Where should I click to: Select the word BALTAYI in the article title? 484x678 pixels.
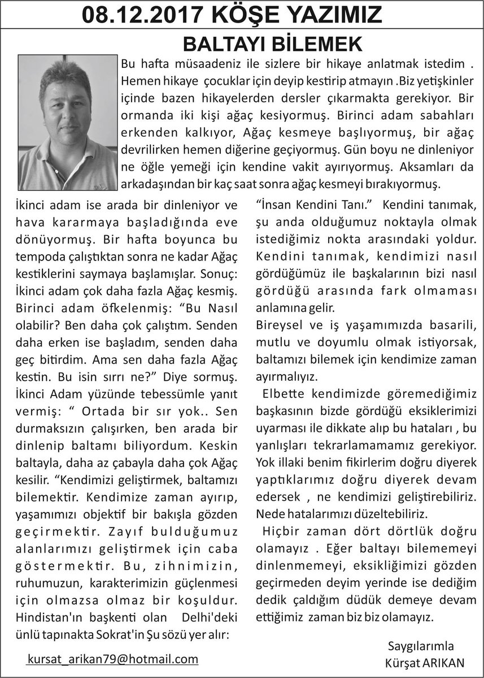tap(225, 43)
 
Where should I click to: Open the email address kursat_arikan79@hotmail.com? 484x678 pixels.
tap(113, 658)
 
